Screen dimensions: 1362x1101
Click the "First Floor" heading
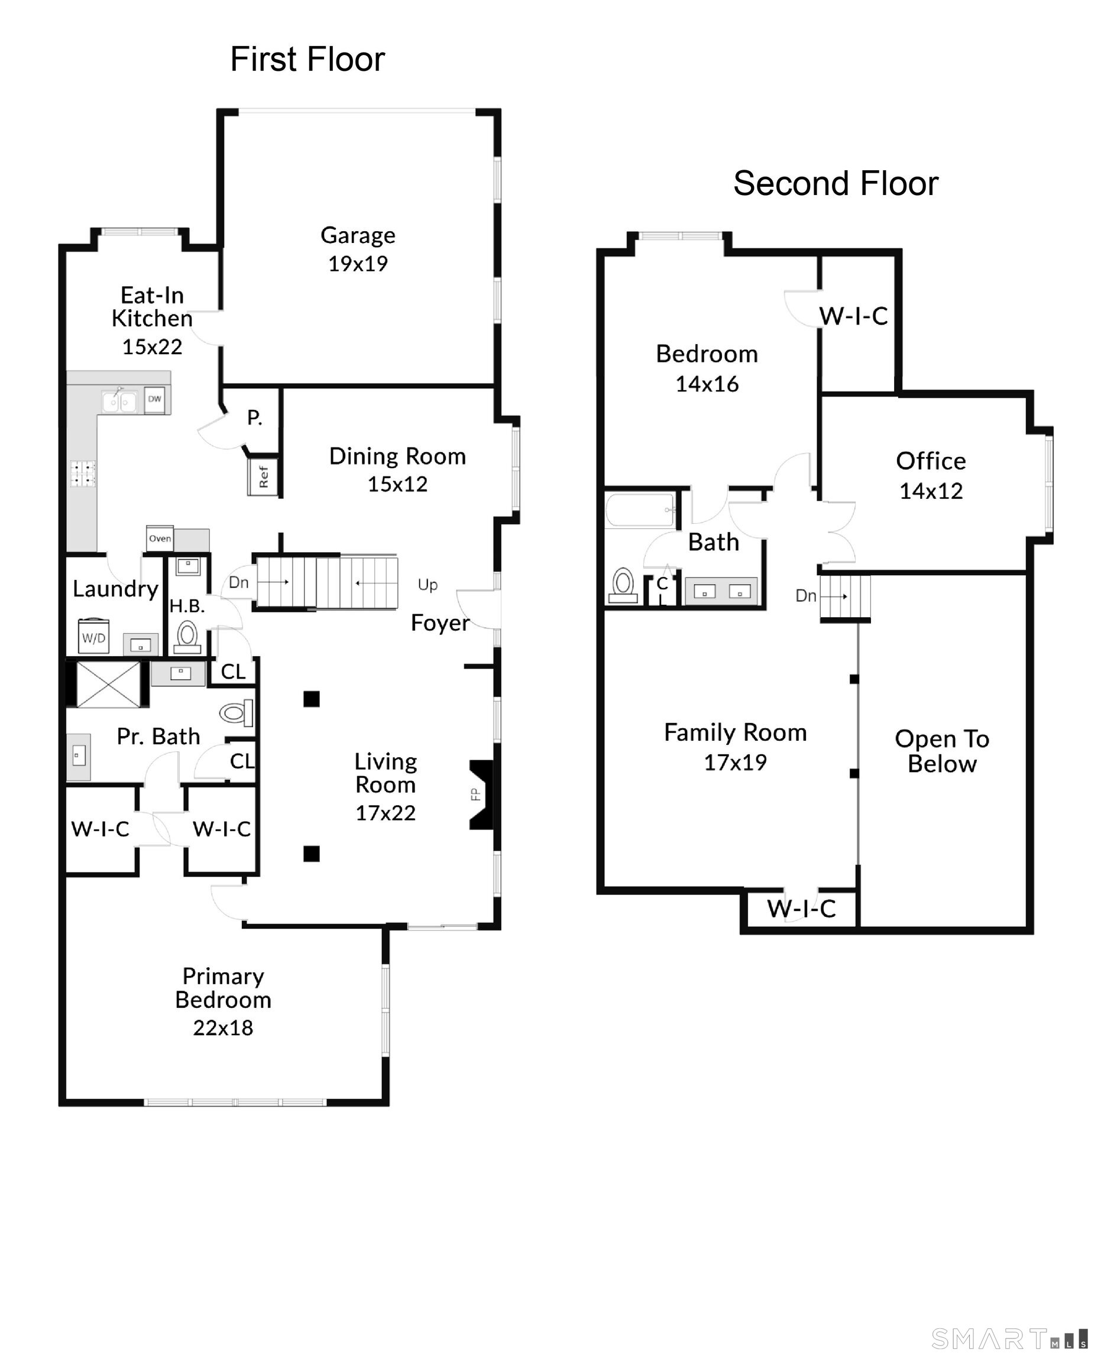click(x=307, y=60)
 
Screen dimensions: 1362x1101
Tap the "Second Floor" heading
click(x=836, y=184)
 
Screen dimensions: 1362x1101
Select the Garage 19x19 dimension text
click(x=358, y=264)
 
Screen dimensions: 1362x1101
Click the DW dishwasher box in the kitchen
click(x=155, y=400)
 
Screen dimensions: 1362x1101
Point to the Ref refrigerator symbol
click(x=263, y=477)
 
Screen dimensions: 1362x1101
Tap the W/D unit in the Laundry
click(x=94, y=637)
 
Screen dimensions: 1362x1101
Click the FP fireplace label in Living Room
click(x=475, y=794)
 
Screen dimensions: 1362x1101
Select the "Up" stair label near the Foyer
click(x=428, y=585)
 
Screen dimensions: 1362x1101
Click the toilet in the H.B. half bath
click(x=187, y=635)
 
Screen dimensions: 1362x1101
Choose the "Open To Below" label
click(x=942, y=751)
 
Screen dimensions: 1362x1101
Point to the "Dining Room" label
click(x=398, y=456)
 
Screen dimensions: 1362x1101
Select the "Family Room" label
click(x=735, y=733)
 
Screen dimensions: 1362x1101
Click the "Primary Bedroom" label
click(x=224, y=988)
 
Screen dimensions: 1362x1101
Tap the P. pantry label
click(x=254, y=417)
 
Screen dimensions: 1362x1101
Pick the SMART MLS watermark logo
click(x=1008, y=1339)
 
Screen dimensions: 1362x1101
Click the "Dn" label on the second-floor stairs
click(x=805, y=595)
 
